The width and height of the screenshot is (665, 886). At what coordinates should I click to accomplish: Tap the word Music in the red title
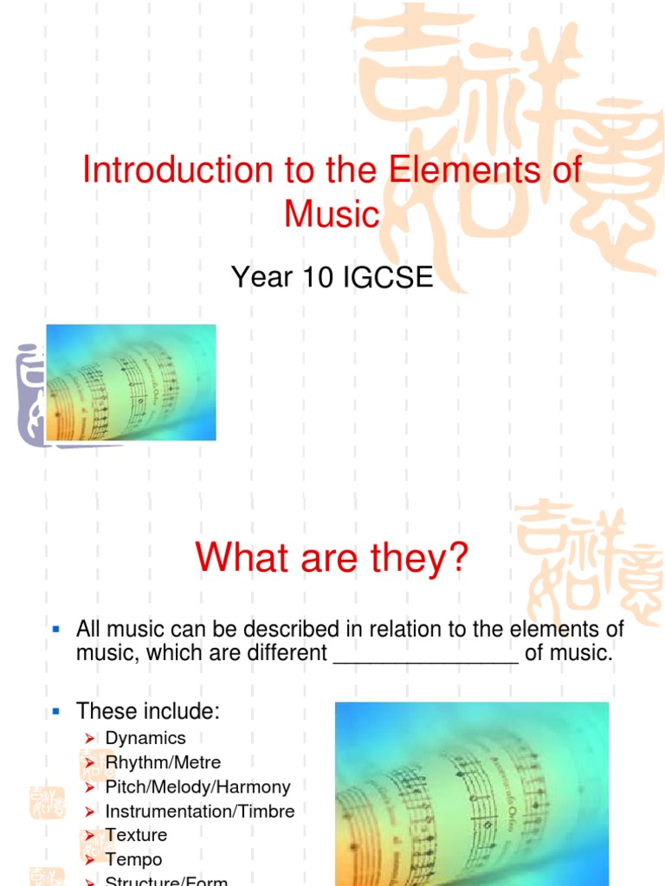click(x=332, y=213)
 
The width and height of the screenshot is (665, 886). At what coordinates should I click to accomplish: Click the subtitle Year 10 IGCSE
click(x=332, y=278)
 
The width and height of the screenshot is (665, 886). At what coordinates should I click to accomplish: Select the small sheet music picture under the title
click(x=131, y=382)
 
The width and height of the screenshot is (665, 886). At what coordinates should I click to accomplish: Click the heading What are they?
click(x=332, y=557)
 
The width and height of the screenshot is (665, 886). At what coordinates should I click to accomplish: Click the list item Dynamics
click(x=145, y=738)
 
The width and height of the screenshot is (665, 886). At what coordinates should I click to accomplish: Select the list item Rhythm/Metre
click(x=163, y=762)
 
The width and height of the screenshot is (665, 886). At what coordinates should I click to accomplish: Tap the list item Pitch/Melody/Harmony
click(x=197, y=786)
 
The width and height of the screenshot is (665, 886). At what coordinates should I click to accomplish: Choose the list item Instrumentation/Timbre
click(x=200, y=811)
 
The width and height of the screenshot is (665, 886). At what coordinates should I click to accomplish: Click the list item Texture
click(x=136, y=835)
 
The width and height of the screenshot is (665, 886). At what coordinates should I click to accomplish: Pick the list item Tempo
click(x=133, y=859)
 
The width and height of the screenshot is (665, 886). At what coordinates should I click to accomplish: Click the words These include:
click(x=148, y=711)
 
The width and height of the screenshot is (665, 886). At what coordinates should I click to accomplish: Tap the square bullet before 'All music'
click(x=55, y=626)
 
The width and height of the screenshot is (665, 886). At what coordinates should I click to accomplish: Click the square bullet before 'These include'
click(x=55, y=710)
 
